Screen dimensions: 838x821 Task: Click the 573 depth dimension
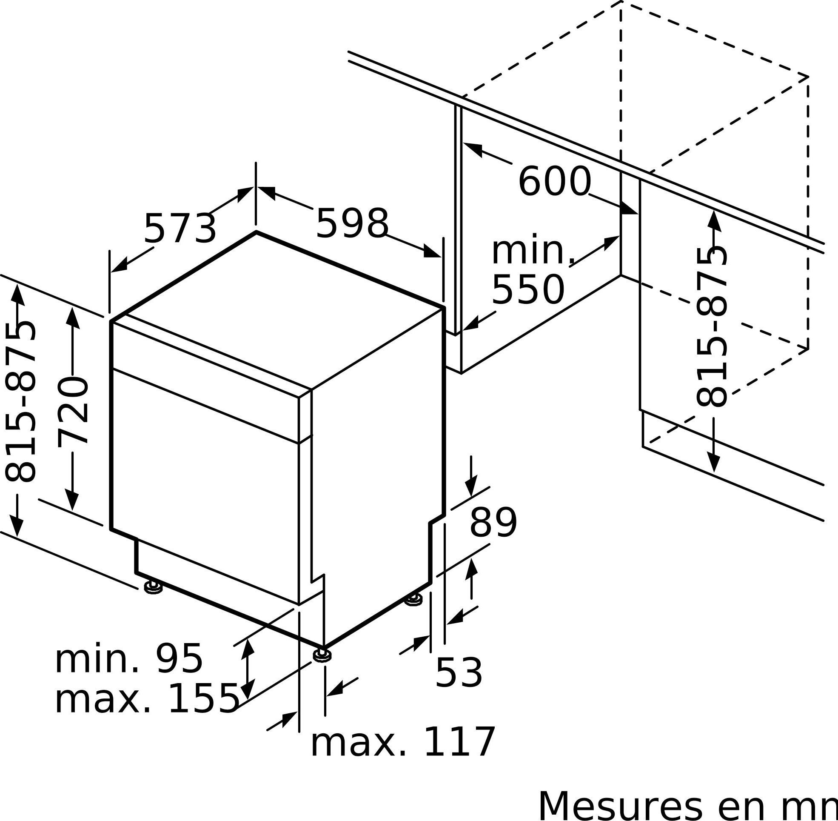coord(180,229)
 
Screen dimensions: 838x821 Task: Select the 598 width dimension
coord(352,223)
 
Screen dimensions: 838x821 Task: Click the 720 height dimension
coord(73,412)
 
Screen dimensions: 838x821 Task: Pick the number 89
coord(493,523)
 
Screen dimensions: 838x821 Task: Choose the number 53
coord(459,673)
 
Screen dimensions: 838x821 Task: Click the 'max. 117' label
coord(402,743)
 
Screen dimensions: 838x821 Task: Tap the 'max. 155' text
coord(147,699)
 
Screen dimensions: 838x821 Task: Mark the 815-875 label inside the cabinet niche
coord(712,327)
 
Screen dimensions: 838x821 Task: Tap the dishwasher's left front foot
coord(153,587)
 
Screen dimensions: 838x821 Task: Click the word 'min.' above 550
coord(533,250)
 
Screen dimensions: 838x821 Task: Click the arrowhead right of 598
coord(432,252)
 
